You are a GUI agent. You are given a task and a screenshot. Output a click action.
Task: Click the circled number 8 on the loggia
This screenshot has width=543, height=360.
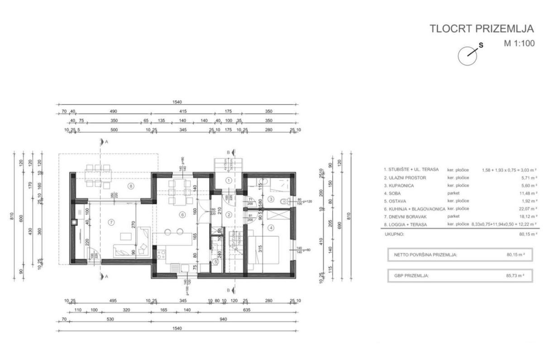click(x=130, y=186)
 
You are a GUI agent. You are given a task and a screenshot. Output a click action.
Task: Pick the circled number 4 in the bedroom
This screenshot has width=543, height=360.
click(x=271, y=227)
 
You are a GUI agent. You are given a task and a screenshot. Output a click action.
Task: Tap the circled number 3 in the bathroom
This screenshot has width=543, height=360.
click(x=271, y=199)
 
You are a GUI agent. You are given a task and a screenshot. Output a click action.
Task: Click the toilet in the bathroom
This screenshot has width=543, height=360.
click(x=285, y=202)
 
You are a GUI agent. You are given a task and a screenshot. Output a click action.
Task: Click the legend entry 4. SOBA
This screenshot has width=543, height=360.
click(x=395, y=193)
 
